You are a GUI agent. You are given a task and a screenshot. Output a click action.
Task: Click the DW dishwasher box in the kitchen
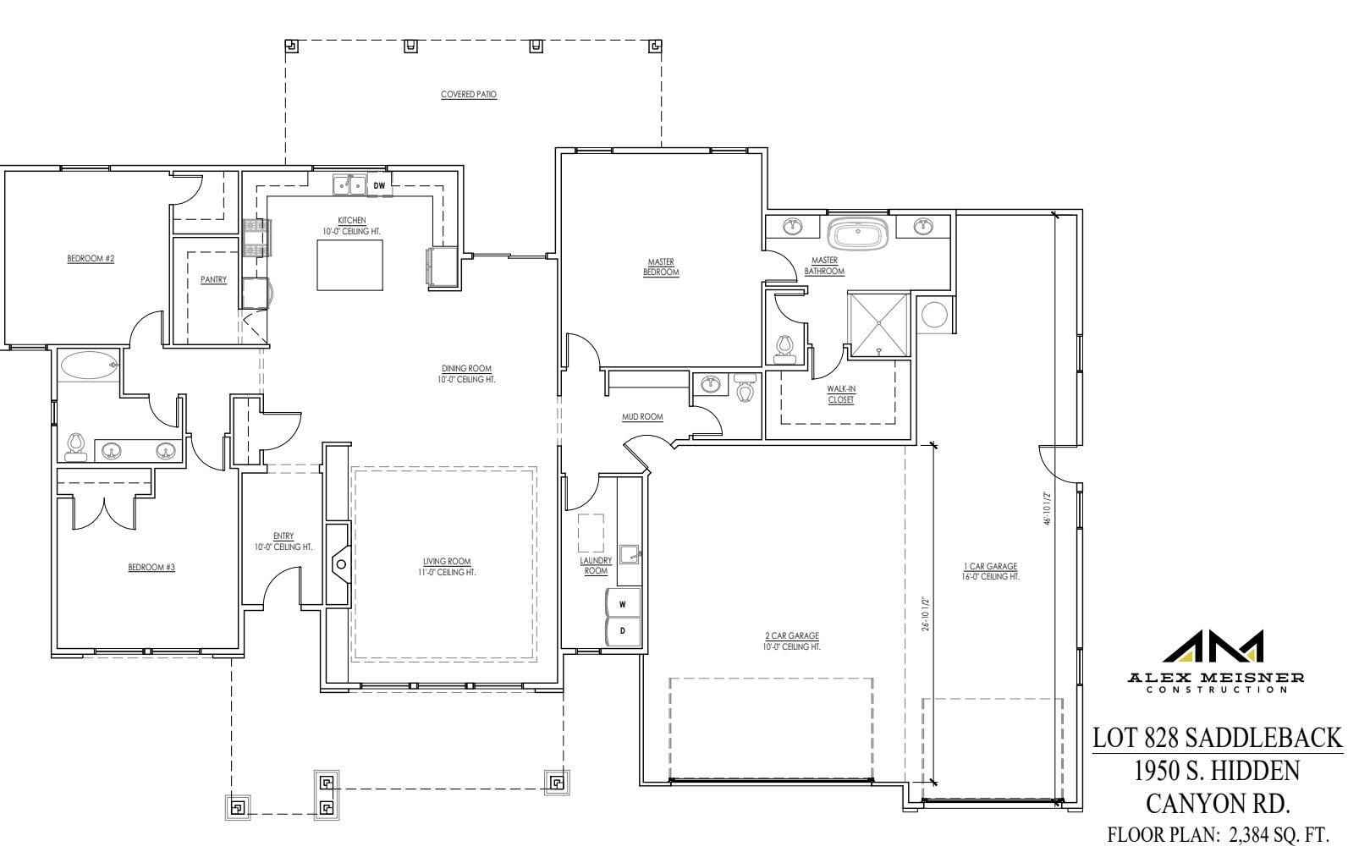[x=379, y=184]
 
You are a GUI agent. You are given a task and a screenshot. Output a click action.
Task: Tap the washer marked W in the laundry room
[x=623, y=603]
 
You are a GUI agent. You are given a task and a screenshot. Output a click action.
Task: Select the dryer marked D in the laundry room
[x=623, y=631]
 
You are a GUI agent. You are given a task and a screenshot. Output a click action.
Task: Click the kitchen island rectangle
[x=350, y=265]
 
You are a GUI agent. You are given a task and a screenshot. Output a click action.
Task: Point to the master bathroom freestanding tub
[x=857, y=234]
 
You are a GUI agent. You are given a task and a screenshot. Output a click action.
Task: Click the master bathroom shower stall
[x=878, y=324]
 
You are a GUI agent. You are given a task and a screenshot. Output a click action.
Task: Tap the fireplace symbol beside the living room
[x=340, y=563]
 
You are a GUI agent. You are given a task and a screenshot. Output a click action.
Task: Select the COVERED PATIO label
[x=469, y=95]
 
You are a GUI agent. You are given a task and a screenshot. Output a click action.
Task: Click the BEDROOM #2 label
[x=91, y=259]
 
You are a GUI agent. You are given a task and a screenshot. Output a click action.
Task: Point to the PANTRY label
[x=213, y=279]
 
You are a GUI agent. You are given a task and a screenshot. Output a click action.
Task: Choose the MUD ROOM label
[x=643, y=416]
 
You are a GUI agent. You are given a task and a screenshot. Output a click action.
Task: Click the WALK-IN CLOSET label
[x=841, y=394]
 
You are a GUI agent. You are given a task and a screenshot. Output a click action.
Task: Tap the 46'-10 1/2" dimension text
[x=1048, y=508]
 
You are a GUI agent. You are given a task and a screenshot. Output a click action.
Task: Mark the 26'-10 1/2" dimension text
[x=926, y=613]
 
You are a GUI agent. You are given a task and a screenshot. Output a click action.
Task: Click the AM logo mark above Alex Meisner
[x=1213, y=646]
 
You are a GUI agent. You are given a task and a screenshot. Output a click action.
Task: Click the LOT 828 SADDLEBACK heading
[x=1218, y=738]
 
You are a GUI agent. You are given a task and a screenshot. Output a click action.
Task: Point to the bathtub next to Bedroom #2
[x=89, y=366]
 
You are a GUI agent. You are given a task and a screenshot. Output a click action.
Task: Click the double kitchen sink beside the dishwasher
[x=349, y=184]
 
